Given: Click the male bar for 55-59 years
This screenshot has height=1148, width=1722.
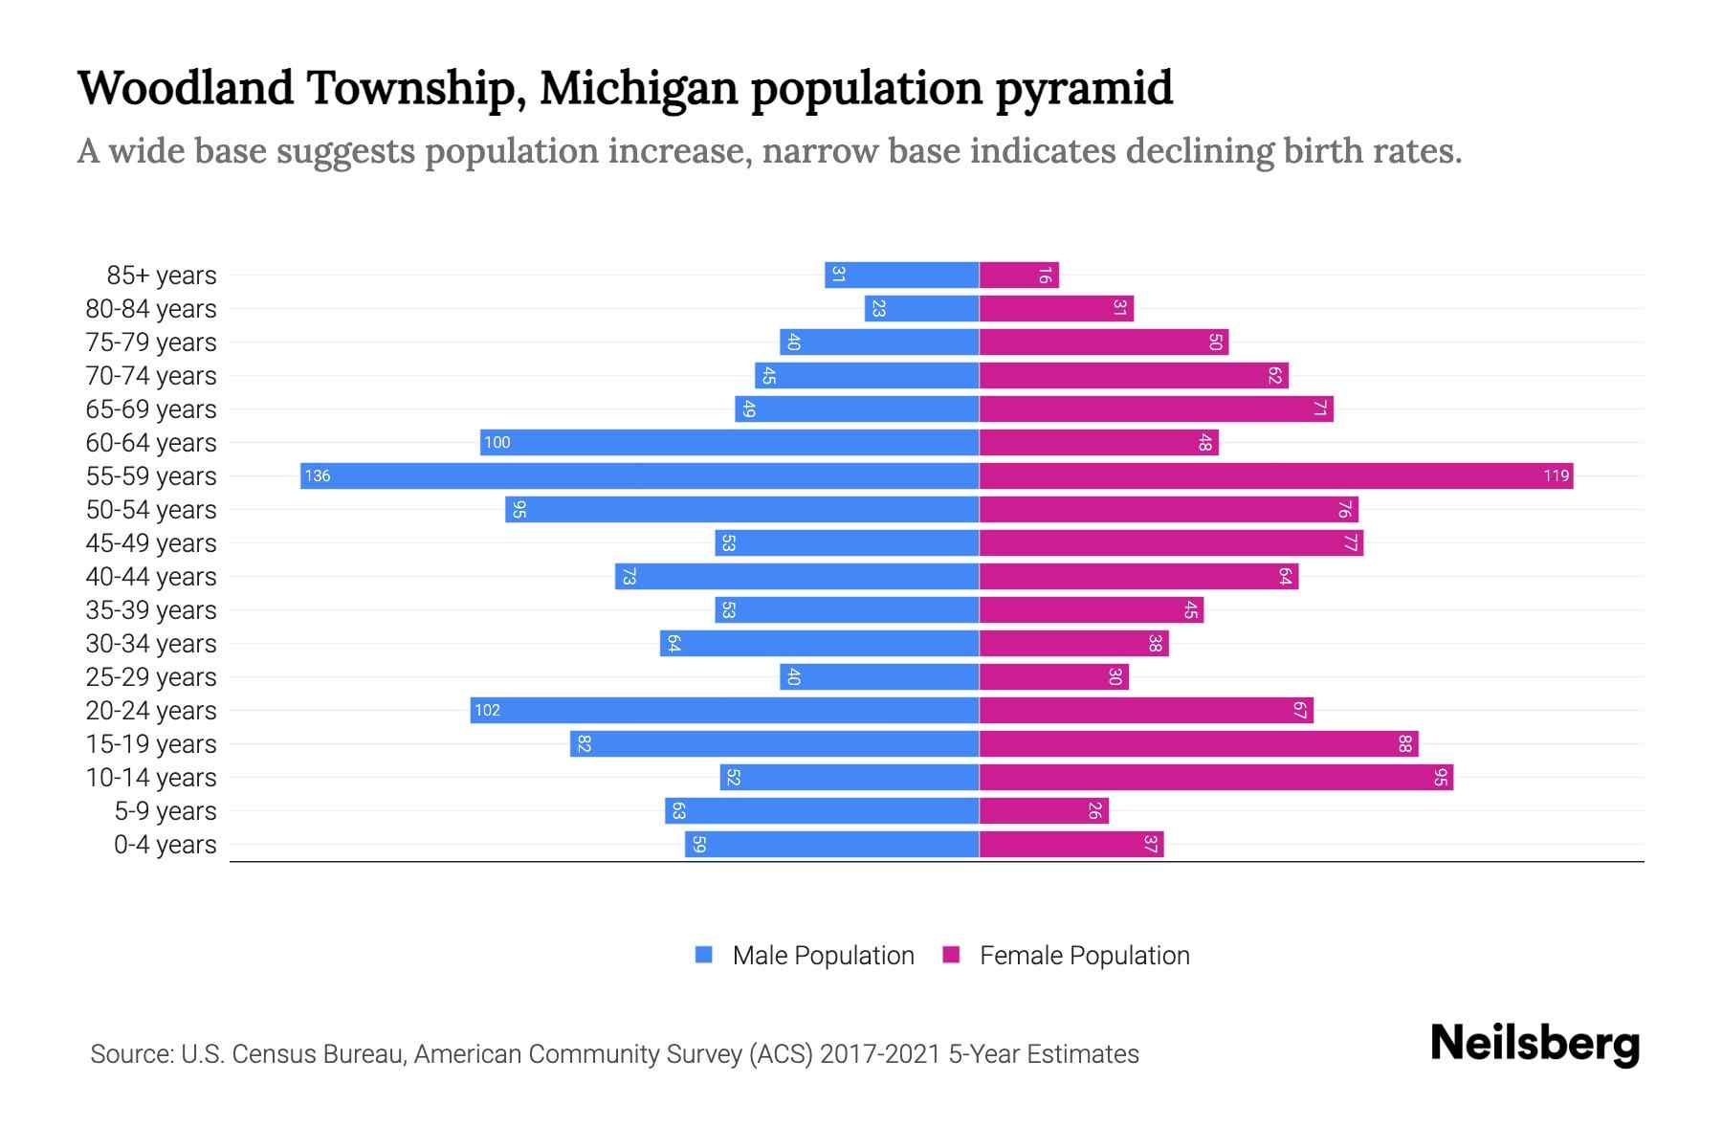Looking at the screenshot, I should (x=639, y=475).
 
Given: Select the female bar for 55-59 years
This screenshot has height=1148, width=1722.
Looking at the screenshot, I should (x=1275, y=475).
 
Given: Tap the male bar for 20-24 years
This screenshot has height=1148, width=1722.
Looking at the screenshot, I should (x=724, y=710).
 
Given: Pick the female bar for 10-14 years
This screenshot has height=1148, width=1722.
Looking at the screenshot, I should (x=1216, y=777).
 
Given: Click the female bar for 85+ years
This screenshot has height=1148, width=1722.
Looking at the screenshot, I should (x=1019, y=275).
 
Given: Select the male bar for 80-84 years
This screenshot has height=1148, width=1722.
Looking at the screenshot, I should (x=921, y=308).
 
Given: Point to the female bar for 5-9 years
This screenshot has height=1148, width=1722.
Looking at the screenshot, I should (x=1044, y=810).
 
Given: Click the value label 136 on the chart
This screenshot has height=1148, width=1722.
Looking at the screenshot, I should (x=318, y=475).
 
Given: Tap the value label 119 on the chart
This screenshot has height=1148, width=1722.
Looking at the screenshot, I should (x=1556, y=475).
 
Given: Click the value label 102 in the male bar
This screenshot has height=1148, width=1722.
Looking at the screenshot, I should (x=487, y=710).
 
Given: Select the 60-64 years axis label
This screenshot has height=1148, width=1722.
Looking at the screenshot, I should (x=151, y=443).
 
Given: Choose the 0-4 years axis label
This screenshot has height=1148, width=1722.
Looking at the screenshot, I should (x=165, y=845).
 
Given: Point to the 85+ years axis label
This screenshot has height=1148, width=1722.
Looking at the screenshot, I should (x=162, y=276).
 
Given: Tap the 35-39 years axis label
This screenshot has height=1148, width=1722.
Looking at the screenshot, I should (x=151, y=610).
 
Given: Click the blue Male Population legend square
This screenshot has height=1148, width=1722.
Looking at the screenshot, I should (x=704, y=955).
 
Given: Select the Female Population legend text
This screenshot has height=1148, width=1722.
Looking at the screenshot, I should (x=1084, y=955).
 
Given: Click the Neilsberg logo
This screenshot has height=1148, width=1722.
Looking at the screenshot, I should (x=1534, y=1044).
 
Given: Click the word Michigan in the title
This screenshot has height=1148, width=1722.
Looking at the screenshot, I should (x=638, y=88).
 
